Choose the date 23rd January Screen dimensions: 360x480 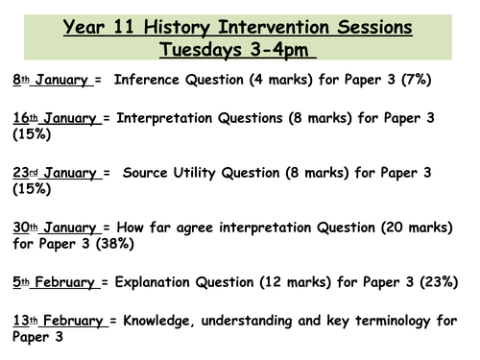(55, 173)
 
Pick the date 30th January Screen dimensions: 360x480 (55, 228)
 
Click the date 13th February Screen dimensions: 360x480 (59, 320)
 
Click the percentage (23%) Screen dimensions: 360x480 (442, 282)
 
